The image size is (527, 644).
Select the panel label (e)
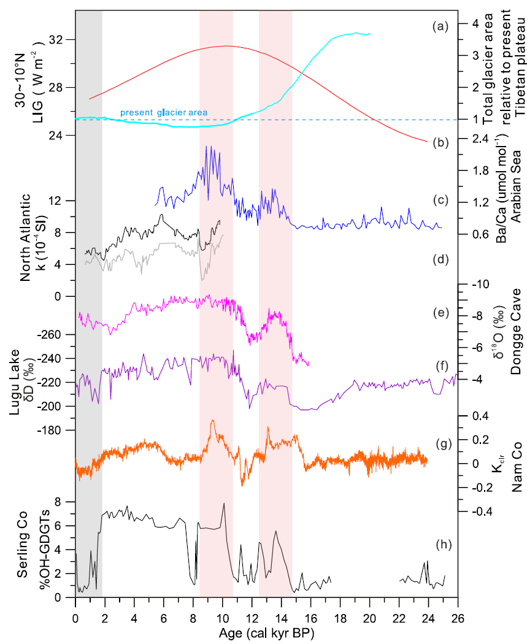click(440, 313)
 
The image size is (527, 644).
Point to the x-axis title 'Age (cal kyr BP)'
click(266, 631)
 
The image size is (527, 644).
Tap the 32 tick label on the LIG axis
click(61, 40)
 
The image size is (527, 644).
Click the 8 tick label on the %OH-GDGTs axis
click(61, 502)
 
